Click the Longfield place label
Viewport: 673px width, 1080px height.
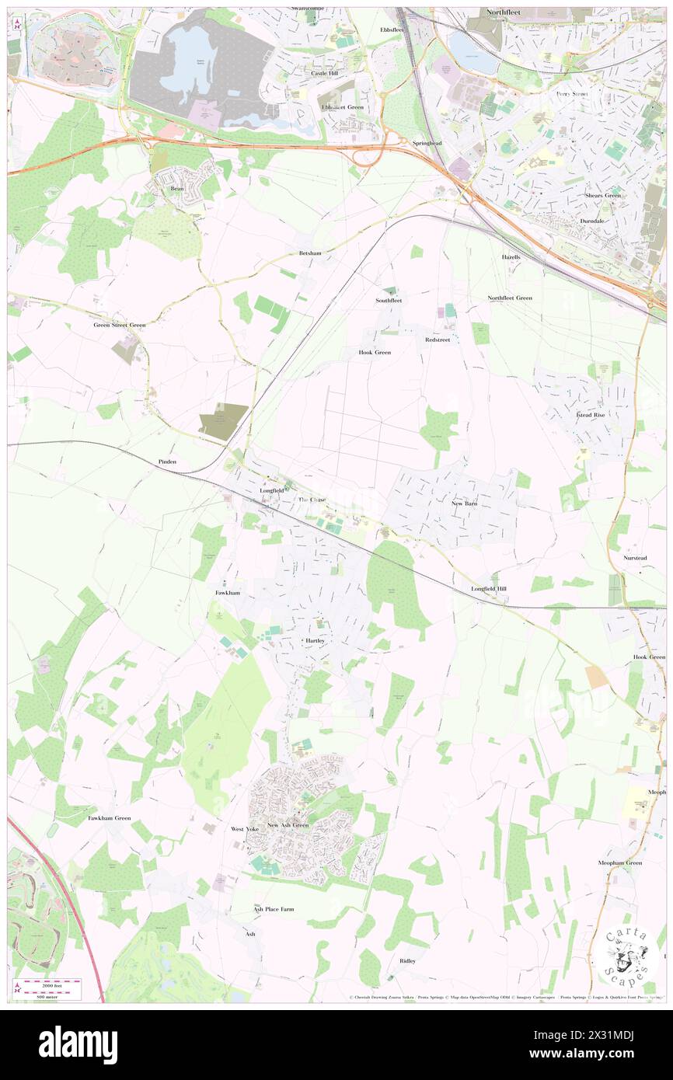point(271,491)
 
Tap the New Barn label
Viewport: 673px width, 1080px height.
point(464,503)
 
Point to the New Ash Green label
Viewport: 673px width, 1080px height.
point(288,825)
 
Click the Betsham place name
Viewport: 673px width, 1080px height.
point(309,254)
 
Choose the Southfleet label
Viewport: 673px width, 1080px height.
point(389,300)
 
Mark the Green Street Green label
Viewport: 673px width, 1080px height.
point(120,326)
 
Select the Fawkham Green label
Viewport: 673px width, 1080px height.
point(109,818)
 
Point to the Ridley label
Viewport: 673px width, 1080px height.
point(407,961)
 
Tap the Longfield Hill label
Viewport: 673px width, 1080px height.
point(488,589)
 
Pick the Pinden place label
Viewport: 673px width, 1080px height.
point(167,462)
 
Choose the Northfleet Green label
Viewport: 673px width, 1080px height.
point(510,298)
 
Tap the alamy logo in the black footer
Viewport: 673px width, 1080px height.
point(78,1043)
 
